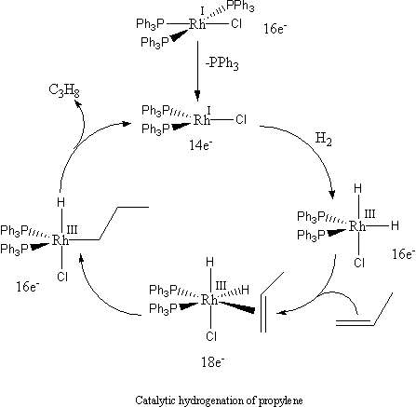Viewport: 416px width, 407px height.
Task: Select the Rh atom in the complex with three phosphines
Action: point(196,25)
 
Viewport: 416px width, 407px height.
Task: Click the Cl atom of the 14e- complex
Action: point(240,119)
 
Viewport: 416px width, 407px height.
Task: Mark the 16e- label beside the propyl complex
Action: point(18,276)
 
